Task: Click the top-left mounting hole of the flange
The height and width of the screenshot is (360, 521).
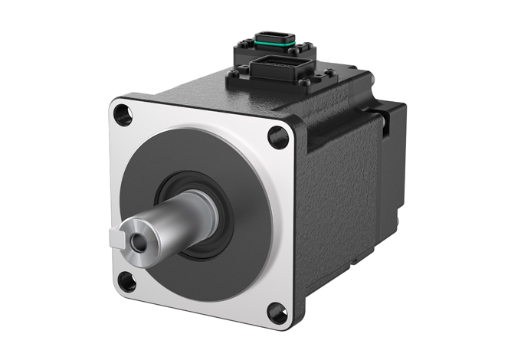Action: [x=123, y=115]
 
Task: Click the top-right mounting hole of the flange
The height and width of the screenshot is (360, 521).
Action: [x=278, y=137]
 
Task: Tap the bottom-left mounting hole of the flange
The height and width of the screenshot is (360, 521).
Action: [x=126, y=282]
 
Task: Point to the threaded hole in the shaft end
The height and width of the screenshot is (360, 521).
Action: [x=138, y=241]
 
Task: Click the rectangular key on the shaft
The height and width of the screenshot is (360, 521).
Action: [x=117, y=238]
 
